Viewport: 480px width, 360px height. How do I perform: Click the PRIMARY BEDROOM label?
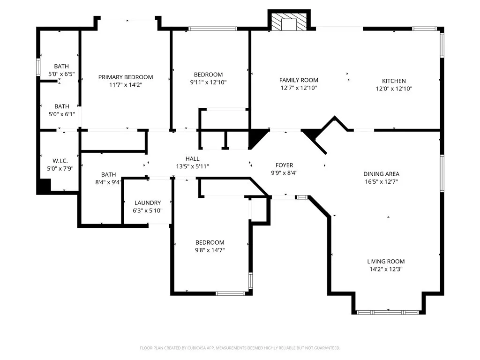tap(125, 77)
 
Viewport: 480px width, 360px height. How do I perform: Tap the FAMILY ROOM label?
tap(299, 80)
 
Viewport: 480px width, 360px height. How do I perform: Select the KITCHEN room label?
tap(394, 81)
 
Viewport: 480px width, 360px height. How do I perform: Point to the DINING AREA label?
tap(382, 174)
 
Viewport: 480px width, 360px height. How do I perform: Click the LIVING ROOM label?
tap(386, 262)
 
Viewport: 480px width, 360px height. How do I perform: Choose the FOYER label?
tap(284, 165)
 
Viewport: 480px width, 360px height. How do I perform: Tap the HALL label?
tap(192, 159)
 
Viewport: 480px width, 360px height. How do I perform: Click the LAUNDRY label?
tap(148, 203)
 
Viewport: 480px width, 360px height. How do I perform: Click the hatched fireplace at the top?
tap(289, 22)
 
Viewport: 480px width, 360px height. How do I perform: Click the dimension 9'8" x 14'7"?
tap(210, 250)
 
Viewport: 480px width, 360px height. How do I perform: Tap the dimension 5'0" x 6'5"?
tap(61, 74)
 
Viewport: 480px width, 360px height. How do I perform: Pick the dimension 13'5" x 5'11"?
tap(192, 166)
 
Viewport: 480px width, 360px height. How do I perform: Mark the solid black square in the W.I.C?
tap(44, 186)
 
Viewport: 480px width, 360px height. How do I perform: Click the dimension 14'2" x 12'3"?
tap(386, 270)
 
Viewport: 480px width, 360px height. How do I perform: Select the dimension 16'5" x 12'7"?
tap(382, 182)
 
